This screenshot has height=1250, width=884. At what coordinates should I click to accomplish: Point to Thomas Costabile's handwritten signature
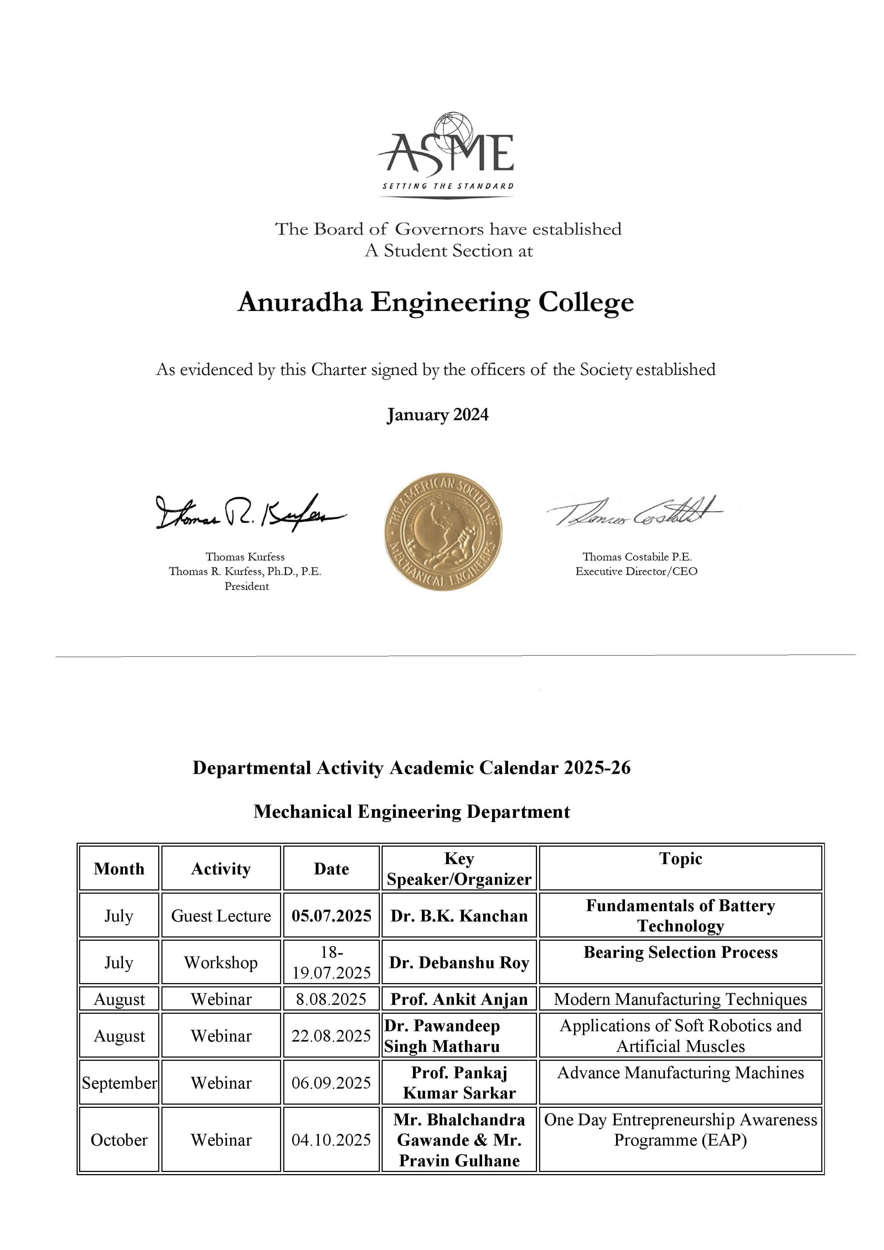click(x=634, y=512)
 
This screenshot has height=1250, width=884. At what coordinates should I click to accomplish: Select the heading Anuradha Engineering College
click(x=435, y=302)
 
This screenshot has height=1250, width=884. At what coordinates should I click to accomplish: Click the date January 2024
click(x=438, y=414)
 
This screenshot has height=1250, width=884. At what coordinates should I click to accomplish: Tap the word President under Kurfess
click(x=247, y=587)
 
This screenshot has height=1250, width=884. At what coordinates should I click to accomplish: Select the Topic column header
click(x=681, y=858)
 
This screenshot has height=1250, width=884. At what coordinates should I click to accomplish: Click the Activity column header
click(x=221, y=868)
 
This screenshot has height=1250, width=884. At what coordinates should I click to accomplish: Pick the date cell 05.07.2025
click(x=331, y=916)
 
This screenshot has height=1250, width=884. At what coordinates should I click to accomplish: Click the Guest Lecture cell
click(x=221, y=916)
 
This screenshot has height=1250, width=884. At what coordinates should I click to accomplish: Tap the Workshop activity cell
click(x=221, y=962)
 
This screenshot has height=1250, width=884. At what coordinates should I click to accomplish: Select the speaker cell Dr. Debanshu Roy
click(x=459, y=962)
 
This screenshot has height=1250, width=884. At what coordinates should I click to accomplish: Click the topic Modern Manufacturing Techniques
click(x=681, y=999)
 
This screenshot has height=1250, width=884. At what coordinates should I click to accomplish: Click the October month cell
click(x=119, y=1140)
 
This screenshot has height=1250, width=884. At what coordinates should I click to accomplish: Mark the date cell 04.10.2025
click(x=331, y=1140)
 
